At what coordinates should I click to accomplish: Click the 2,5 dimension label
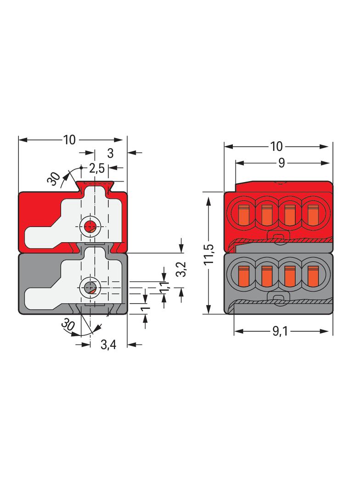(96, 168)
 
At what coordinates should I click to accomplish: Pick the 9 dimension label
(282, 163)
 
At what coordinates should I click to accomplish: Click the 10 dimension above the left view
(69, 140)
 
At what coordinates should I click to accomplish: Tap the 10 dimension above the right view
(276, 146)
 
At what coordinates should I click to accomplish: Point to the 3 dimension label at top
(110, 153)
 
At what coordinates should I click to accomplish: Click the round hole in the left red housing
(90, 225)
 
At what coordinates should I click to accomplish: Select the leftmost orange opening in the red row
(243, 213)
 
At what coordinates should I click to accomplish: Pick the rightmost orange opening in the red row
(313, 213)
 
